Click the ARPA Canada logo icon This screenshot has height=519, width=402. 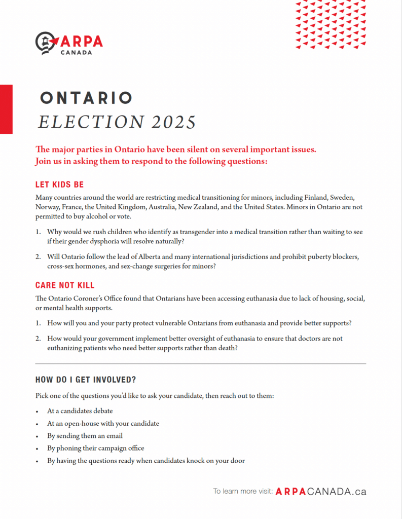point(46,43)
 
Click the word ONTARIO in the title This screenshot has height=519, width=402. point(86,98)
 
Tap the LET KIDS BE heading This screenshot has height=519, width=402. point(59,184)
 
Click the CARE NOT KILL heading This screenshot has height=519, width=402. point(65,285)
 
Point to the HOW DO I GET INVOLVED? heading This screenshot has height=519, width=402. point(85,380)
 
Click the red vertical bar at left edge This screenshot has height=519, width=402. point(6,109)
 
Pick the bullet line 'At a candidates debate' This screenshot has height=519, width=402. point(80,411)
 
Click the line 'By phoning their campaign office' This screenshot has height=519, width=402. point(95,448)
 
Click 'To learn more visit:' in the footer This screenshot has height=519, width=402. point(243,491)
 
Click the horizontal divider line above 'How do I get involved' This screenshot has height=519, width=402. point(200,364)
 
